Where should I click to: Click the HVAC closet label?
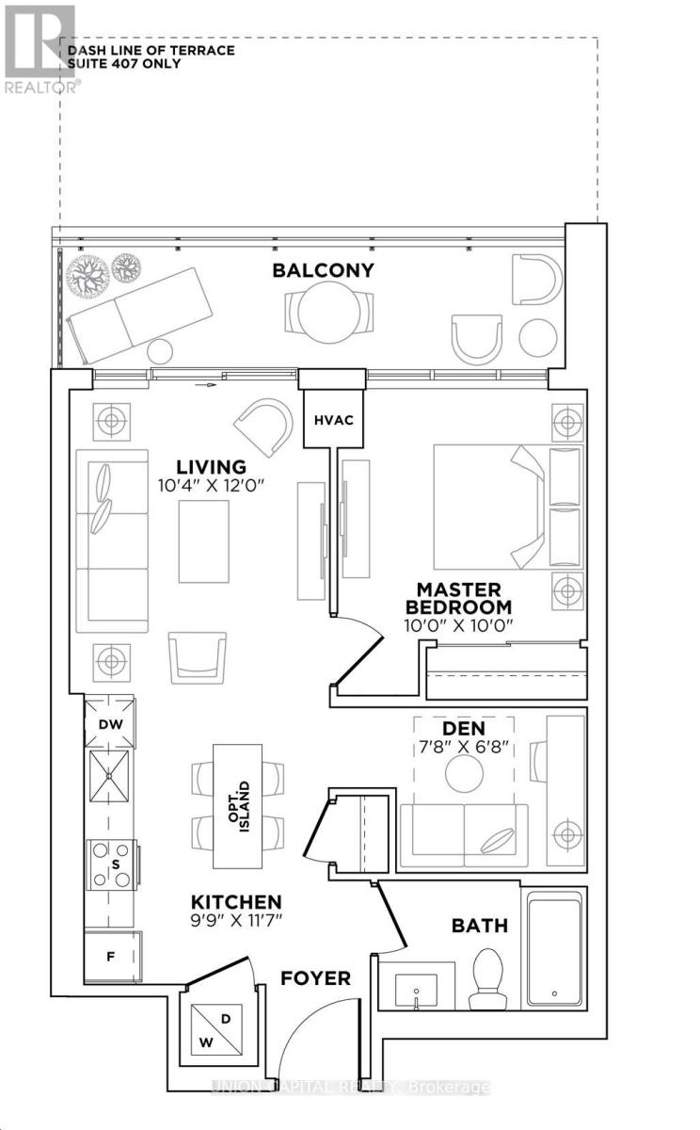point(334,420)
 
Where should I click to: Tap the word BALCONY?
point(323,270)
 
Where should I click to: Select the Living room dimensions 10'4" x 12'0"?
point(211,486)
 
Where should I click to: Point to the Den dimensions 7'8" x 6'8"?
point(464,746)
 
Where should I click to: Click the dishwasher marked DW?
point(110,724)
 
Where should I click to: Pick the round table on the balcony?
point(329,313)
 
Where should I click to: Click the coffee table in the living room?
point(203,541)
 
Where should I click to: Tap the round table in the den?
point(464,773)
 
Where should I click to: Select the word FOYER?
point(315,978)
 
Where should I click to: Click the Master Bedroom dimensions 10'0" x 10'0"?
point(458,625)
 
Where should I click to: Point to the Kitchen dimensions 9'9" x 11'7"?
point(236,921)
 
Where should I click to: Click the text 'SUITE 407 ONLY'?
point(124,64)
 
